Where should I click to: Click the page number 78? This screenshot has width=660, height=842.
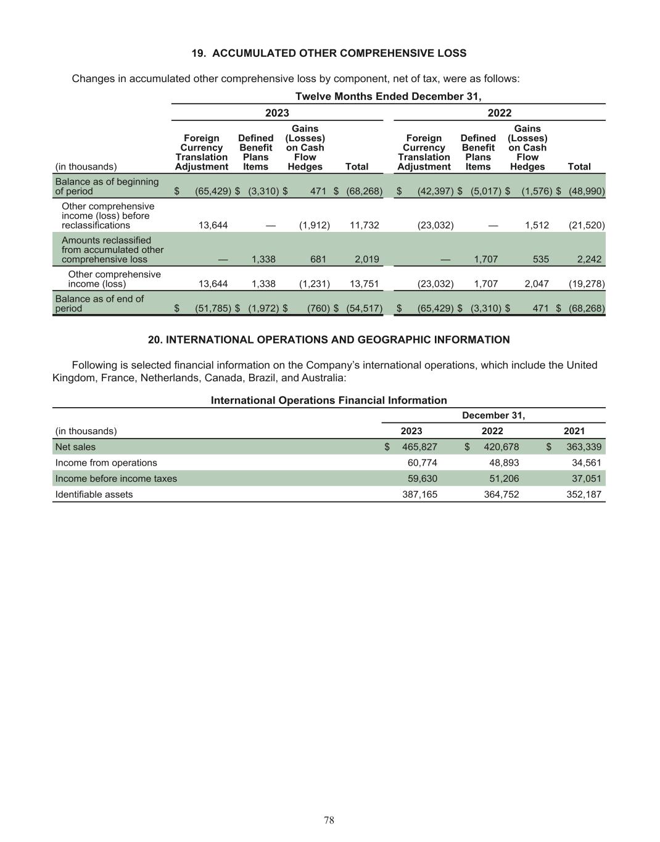329,820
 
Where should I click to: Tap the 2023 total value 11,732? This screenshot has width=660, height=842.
364,225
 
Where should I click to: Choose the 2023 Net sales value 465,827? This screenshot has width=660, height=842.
419,447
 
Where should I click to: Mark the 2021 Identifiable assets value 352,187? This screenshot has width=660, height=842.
584,494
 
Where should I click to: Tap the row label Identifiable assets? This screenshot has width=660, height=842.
94,494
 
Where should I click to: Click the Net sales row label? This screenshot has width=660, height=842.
75,447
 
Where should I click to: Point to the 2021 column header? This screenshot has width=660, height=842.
574,431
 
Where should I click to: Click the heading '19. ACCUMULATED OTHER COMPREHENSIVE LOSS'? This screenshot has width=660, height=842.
329,53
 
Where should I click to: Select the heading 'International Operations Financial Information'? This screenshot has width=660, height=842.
329,400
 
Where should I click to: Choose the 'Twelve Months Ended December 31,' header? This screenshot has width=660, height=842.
388,96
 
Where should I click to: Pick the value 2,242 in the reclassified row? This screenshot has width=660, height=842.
589,259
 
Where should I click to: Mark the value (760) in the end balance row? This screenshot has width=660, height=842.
318,308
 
